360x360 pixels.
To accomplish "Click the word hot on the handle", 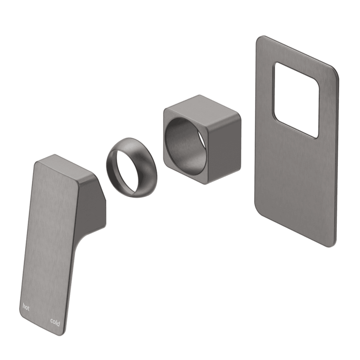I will [26, 307].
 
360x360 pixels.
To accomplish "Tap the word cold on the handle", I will [55, 322].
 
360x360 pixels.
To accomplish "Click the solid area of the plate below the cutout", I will [296, 185].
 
